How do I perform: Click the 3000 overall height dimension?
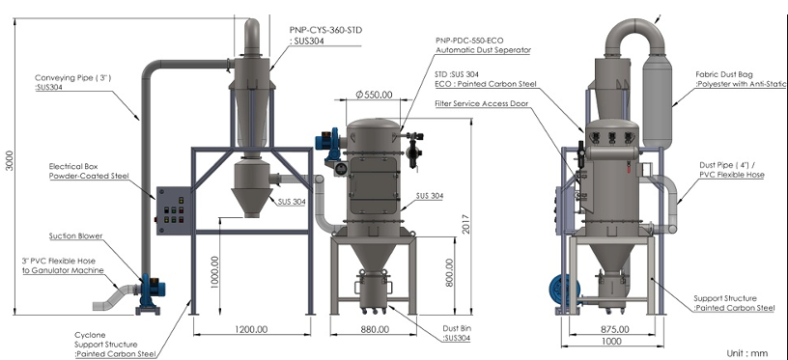[x=10, y=160]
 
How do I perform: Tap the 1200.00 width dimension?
[x=252, y=329]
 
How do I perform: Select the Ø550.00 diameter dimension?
[x=374, y=94]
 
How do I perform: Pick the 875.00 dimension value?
[x=613, y=329]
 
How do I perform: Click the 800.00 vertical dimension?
[x=449, y=272]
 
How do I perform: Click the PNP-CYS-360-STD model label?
[x=325, y=30]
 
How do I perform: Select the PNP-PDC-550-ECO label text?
[x=469, y=41]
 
